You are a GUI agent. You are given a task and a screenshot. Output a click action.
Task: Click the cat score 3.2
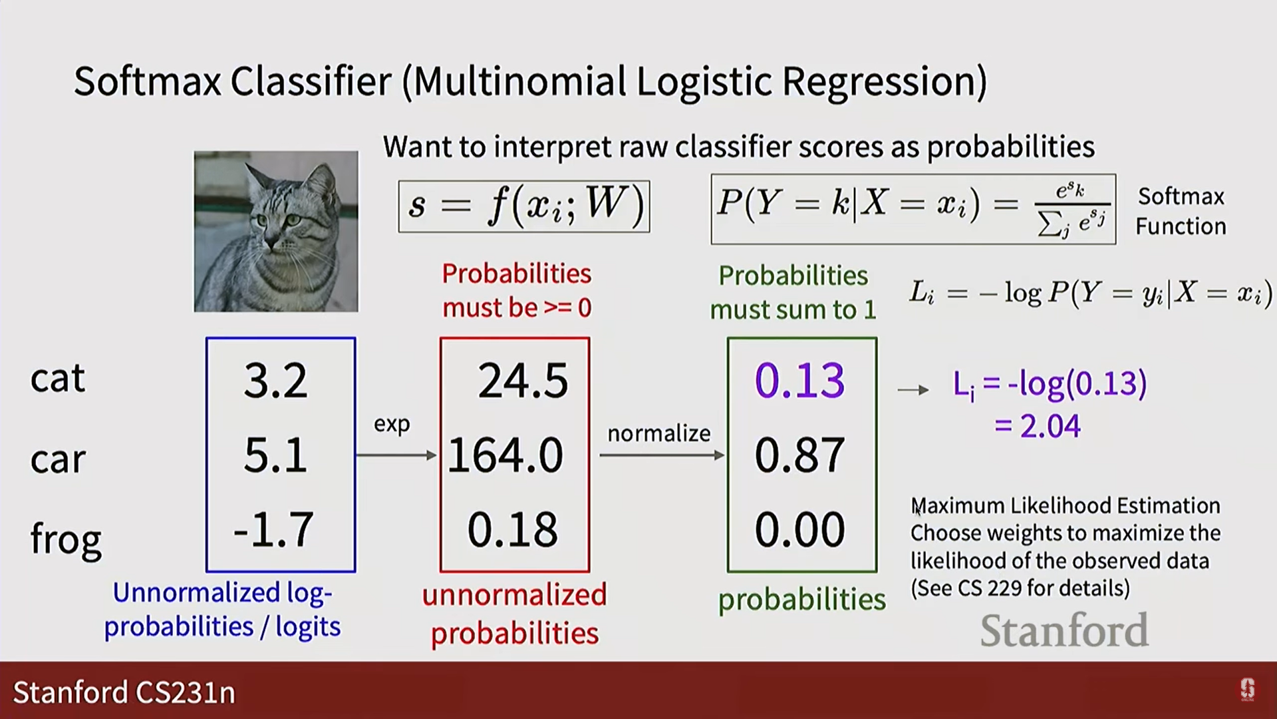(x=275, y=381)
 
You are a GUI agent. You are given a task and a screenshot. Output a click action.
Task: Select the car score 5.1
(x=275, y=455)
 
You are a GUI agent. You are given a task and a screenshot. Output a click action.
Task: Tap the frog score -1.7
(x=273, y=530)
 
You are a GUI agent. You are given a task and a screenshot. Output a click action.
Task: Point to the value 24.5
(x=523, y=381)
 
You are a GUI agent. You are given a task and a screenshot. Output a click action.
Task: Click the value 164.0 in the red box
(x=505, y=455)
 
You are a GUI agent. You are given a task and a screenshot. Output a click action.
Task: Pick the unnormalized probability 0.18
(x=512, y=530)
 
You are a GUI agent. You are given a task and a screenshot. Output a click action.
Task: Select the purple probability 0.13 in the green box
(x=800, y=381)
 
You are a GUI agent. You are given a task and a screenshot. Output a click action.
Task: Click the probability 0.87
(x=800, y=455)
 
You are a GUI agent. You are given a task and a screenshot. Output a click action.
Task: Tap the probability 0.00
(x=800, y=530)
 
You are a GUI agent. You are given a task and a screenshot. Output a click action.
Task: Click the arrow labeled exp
(x=396, y=455)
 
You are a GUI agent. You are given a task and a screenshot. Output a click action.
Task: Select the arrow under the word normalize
(x=662, y=455)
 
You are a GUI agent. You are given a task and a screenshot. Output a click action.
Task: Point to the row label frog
(x=66, y=538)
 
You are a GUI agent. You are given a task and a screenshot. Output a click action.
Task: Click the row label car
(x=58, y=459)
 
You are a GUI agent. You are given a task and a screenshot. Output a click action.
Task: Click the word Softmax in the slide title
(x=148, y=82)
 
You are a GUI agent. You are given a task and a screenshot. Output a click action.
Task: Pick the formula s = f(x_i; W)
(x=524, y=206)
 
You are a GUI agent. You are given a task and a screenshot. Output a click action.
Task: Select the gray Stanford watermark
(x=1064, y=630)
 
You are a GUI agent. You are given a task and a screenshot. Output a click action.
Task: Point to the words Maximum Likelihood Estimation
(x=1065, y=506)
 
